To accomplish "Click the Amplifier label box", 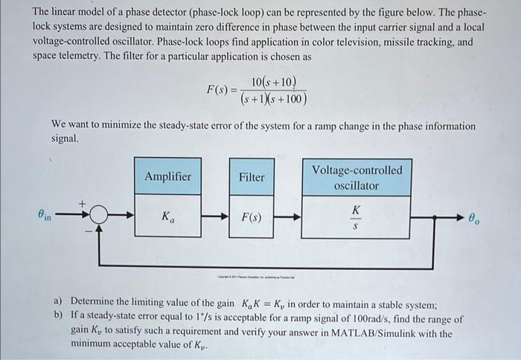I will point(167,177).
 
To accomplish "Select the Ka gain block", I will point(167,217).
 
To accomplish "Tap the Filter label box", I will point(252,177).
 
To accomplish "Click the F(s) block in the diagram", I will point(252,217).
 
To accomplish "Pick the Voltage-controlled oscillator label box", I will point(356,177).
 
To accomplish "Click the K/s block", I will point(356,217).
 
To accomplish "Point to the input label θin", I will point(46,215).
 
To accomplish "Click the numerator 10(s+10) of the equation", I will point(274,82).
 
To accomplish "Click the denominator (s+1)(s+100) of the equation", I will point(273,99).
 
